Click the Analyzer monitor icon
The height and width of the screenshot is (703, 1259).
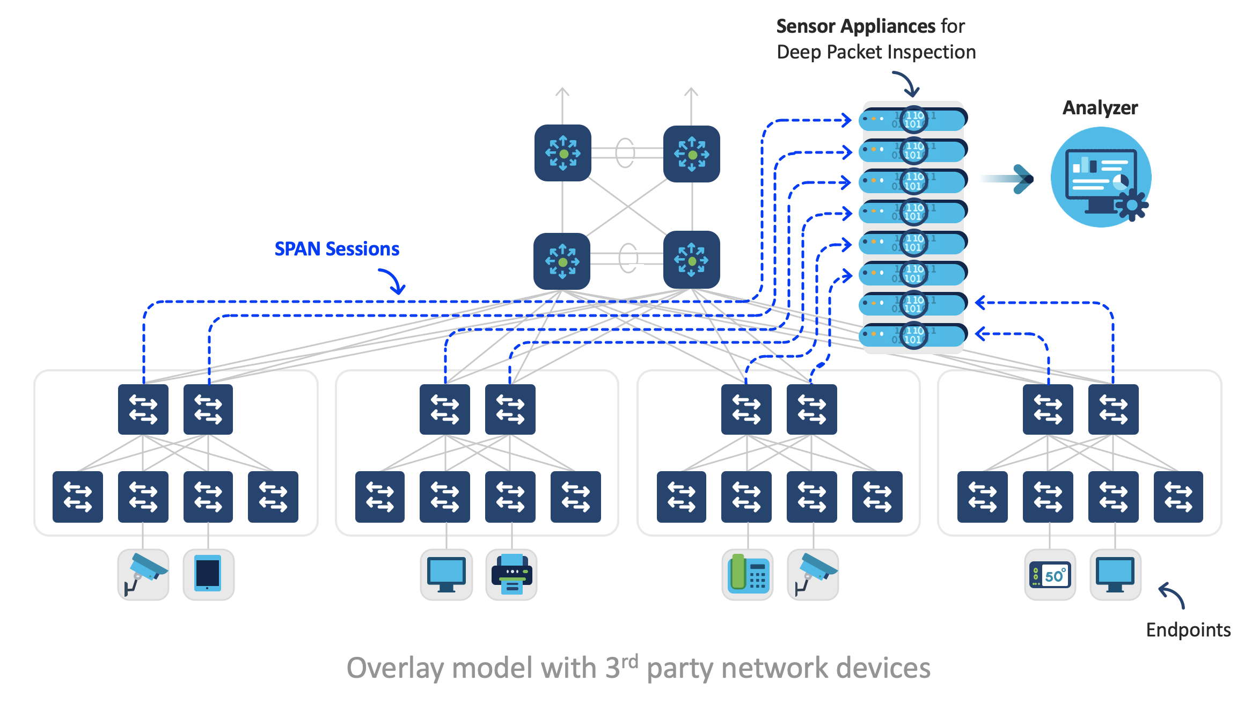click(x=1100, y=178)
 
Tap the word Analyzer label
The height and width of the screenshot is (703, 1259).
click(x=1100, y=108)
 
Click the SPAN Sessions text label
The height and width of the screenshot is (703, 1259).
click(x=336, y=249)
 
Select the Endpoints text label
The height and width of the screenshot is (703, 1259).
click(x=1188, y=629)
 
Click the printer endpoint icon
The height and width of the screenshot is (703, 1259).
click(x=511, y=575)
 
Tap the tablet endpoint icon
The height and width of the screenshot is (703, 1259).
click(x=208, y=574)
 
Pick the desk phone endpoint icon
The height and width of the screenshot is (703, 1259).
click(x=748, y=574)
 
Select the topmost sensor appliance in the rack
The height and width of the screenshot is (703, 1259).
click(x=912, y=119)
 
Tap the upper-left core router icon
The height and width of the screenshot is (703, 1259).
click(x=562, y=153)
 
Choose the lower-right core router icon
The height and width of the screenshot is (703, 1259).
click(x=691, y=260)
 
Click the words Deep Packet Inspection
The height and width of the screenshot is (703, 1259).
click(x=876, y=52)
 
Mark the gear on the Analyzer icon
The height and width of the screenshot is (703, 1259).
click(x=1132, y=205)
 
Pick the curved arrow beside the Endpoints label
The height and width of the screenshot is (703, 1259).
click(x=1173, y=595)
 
